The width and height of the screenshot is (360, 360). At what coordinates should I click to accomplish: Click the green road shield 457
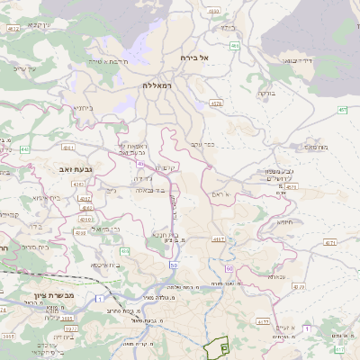(x=342, y=110)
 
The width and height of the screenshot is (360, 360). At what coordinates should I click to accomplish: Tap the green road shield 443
(x=24, y=148)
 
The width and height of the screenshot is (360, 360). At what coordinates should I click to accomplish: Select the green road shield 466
(x=235, y=45)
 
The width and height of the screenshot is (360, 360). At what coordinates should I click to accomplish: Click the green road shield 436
(x=125, y=251)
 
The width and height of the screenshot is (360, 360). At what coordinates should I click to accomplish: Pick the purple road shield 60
(x=229, y=268)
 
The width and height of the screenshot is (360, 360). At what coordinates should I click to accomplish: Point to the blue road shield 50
(x=172, y=265)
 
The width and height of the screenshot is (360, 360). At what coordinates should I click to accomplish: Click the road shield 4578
(x=216, y=103)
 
